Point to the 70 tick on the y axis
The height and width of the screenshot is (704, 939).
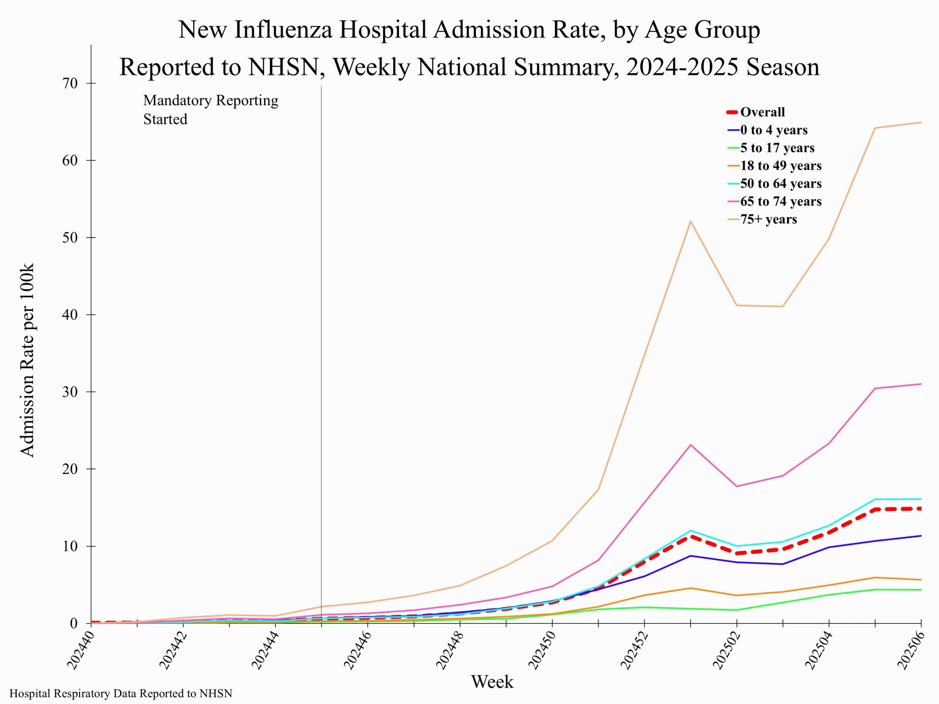pos(70,83)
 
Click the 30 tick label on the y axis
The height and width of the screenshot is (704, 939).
pos(70,392)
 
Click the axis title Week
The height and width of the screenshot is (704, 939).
pos(492,682)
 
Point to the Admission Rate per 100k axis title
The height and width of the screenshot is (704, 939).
pos(27,361)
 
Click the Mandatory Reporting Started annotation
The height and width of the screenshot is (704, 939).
pos(211,110)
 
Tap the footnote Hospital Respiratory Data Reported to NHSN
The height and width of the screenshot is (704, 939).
pos(121,693)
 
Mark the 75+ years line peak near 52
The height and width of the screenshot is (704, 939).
pos(691,221)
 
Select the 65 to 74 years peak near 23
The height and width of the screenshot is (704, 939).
pos(691,445)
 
